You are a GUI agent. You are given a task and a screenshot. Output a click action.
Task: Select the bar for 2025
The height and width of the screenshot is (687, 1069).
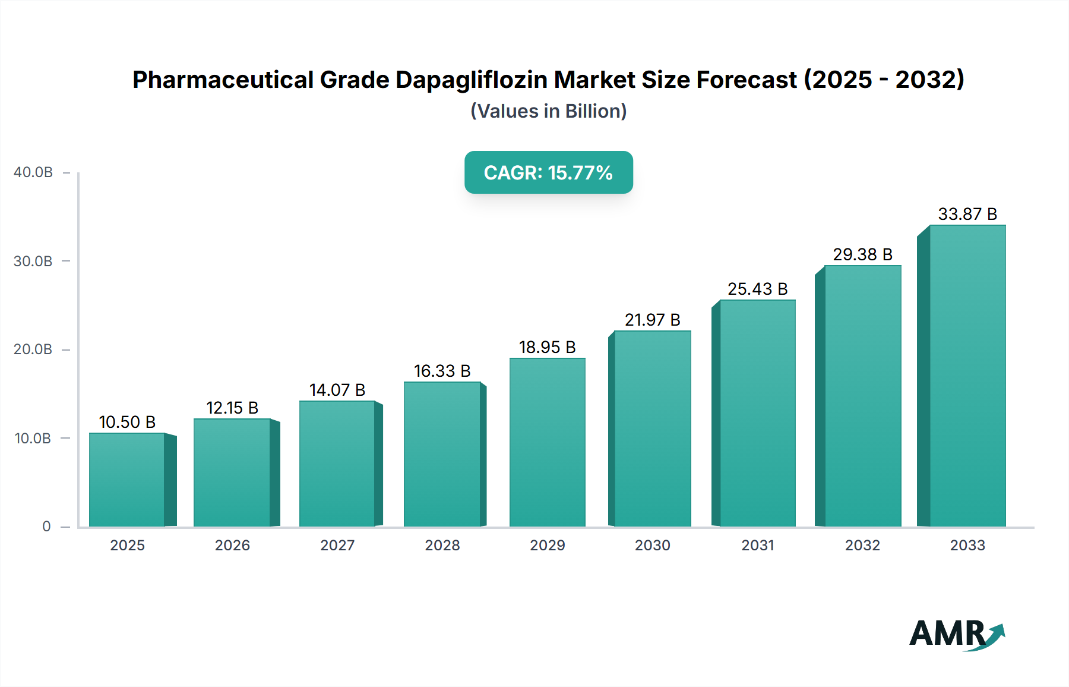127,480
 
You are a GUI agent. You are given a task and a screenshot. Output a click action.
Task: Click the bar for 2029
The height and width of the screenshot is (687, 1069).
547,442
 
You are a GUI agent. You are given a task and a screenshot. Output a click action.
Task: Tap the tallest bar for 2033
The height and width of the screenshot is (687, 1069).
967,376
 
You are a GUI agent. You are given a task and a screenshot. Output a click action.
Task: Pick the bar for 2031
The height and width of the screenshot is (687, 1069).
757,413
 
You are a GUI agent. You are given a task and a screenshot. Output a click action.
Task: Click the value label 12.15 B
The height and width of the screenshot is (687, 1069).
232,408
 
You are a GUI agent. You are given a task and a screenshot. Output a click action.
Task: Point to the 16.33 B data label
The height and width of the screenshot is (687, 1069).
442,371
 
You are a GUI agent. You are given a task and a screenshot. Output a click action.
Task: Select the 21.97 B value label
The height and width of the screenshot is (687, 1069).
652,320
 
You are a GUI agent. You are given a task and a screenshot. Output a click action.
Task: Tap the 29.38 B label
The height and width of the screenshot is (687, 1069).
862,254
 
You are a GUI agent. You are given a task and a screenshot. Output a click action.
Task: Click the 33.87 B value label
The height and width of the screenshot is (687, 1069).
967,214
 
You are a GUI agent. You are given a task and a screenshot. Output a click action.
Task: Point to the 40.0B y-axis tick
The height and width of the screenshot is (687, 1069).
33,172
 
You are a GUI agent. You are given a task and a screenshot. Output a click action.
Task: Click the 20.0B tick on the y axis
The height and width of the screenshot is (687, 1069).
33,349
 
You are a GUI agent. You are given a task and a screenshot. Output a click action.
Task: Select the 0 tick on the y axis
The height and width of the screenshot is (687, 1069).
46,527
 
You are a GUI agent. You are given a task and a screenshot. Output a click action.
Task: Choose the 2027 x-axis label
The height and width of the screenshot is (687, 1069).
337,545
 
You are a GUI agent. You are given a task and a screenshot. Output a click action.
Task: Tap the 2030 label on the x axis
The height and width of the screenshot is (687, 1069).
652,545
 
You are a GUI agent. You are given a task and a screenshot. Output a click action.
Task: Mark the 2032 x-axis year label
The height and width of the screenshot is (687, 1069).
862,545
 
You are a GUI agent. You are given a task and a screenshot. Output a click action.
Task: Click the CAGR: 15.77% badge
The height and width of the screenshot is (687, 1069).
548,172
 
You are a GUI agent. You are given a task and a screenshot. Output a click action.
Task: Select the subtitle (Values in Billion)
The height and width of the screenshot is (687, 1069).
548,111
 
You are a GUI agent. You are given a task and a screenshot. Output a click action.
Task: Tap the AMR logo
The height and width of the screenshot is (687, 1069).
957,634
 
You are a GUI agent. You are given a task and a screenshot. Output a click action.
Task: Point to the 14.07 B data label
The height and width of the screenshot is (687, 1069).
337,390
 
